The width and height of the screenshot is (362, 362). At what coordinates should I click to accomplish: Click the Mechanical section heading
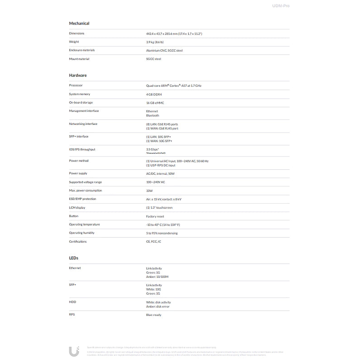79,23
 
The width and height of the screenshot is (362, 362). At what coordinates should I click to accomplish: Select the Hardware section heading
78,75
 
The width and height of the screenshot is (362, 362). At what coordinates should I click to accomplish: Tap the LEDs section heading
74,258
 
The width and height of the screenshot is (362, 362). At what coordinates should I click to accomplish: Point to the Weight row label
74,42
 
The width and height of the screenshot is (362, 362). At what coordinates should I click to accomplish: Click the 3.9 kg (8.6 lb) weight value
155,42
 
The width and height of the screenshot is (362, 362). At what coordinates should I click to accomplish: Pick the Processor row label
76,86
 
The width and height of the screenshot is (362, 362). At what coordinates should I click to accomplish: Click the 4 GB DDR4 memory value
154,94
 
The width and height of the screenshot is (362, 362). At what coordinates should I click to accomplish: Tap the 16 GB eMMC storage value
155,103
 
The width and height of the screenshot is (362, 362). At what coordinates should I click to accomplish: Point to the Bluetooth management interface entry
152,115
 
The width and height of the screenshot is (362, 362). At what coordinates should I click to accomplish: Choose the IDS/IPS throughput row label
82,149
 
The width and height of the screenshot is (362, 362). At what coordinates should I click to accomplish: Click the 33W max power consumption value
149,191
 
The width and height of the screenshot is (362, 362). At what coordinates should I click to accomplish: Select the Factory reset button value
155,216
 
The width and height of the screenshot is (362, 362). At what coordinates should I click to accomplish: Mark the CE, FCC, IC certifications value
153,242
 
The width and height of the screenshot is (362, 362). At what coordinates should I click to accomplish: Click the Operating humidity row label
82,233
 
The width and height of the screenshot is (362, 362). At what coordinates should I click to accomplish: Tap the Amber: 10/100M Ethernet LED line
157,276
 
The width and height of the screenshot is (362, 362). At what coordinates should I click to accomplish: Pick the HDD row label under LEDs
72,302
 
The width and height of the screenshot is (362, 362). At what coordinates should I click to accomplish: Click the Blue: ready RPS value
153,314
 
